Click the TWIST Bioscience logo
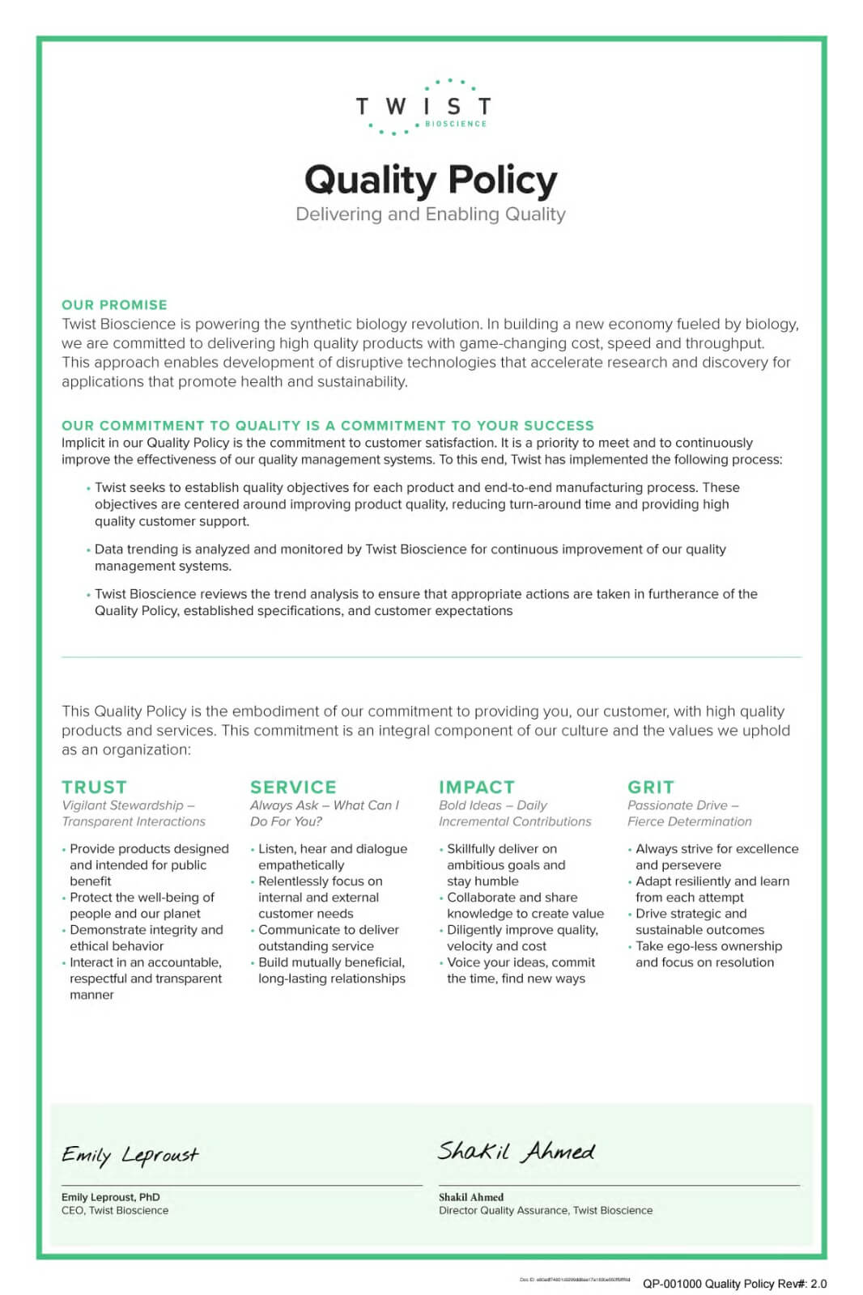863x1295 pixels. [x=423, y=107]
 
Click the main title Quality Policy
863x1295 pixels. [x=431, y=180]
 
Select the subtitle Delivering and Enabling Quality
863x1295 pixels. [x=431, y=214]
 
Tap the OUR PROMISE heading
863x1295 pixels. [x=114, y=305]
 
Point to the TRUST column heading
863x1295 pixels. [x=94, y=787]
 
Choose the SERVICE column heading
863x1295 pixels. [x=293, y=787]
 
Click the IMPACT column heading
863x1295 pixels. [x=477, y=787]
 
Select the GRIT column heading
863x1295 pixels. [x=651, y=787]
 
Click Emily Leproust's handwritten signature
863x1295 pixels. [x=130, y=1154]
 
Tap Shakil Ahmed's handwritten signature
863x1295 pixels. [x=517, y=1151]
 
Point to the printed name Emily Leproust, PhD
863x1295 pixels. [x=111, y=1197]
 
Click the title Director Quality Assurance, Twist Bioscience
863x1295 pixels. [x=546, y=1211]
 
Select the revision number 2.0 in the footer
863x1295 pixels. [x=818, y=1284]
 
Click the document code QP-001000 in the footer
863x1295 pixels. [x=672, y=1284]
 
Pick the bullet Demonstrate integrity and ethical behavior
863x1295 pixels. [x=146, y=938]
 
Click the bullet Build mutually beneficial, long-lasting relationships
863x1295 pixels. [x=332, y=970]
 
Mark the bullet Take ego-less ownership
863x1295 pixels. [x=708, y=954]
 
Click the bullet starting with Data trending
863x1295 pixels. [x=410, y=557]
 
